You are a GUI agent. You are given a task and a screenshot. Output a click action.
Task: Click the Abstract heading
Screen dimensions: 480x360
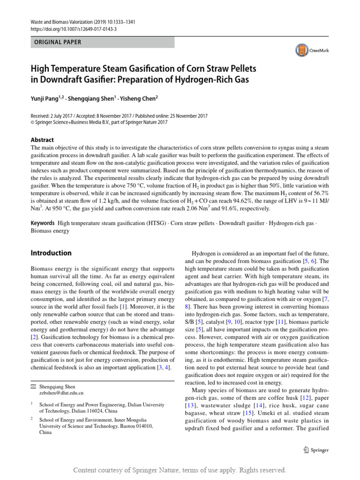point(42,140)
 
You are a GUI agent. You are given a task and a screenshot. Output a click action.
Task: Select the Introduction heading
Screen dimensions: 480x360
point(51,253)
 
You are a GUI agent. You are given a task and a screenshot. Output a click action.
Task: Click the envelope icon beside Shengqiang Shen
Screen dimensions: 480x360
point(33,386)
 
